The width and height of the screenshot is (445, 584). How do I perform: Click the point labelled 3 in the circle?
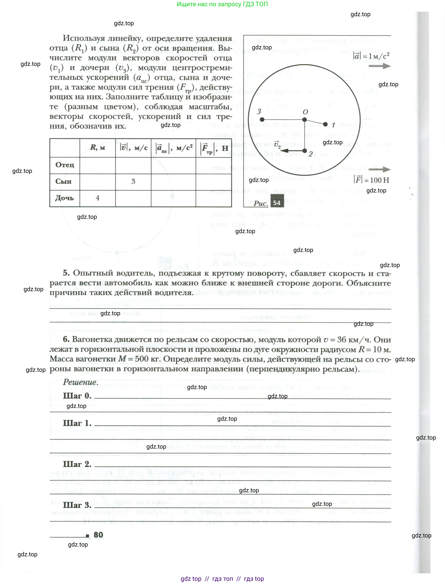[262, 120]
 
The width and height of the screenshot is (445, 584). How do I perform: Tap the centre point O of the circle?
[305, 120]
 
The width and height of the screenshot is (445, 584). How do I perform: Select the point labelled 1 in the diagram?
[326, 124]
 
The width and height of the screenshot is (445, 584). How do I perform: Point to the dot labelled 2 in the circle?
[305, 151]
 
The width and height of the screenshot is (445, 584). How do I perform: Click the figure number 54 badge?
[277, 203]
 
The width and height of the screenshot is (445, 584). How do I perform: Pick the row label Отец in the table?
[65, 165]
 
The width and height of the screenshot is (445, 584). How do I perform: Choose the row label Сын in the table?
[63, 181]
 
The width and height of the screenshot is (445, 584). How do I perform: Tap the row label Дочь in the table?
[64, 198]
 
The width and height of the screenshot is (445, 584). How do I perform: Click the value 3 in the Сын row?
[133, 181]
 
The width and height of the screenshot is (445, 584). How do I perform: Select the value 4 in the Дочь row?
[97, 198]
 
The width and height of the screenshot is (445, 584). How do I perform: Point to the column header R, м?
[97, 147]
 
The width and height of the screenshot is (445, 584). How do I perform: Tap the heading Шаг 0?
[77, 396]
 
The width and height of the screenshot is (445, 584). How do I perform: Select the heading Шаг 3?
[77, 505]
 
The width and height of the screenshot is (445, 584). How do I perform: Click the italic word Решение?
[80, 382]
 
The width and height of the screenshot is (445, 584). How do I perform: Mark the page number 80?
[98, 535]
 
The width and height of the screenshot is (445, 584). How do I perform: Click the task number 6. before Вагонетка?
[66, 339]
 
